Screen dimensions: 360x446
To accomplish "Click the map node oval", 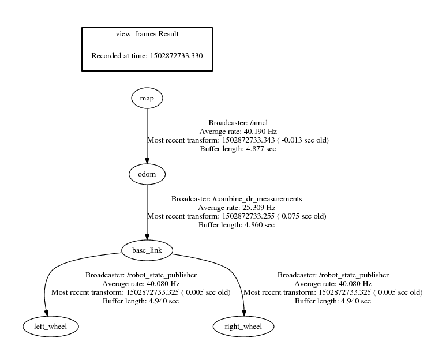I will pos(147,98).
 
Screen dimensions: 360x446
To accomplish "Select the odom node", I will pos(147,173).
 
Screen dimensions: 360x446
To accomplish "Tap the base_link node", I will pos(147,250).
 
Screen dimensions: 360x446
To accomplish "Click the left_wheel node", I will pos(50,327).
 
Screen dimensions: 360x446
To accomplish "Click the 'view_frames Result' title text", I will pos(147,34).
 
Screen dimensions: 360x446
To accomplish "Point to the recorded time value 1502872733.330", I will pos(175,56).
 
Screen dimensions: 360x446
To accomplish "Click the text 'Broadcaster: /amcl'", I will pos(238,123).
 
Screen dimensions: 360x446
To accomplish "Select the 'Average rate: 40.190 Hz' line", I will pos(238,132).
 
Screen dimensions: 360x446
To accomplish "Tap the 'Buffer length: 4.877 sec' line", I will pos(238,149).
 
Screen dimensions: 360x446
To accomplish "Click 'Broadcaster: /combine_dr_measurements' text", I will pos(237,199).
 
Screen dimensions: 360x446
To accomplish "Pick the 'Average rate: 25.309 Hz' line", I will pos(237,208).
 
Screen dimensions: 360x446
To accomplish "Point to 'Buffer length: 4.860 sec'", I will pos(237,225).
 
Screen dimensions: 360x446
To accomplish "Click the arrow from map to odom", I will pos(147,133).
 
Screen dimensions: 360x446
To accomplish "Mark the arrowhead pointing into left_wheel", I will pos(46,312).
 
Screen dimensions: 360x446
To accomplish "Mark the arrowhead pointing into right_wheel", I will pos(243,312).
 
